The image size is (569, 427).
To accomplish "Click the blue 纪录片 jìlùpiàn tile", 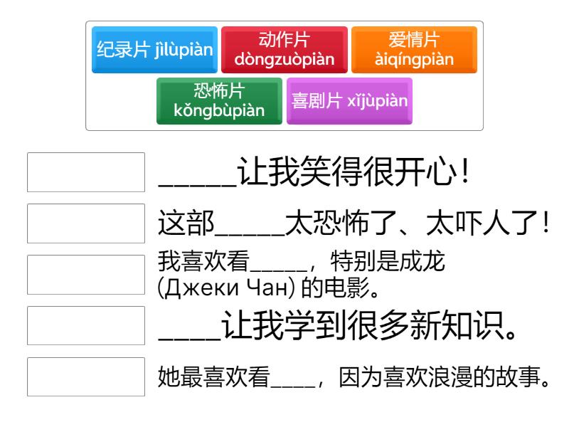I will click(154, 51).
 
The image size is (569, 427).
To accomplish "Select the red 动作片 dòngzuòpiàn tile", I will click(284, 51).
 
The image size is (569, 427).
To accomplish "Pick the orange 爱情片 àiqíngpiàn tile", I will click(414, 51).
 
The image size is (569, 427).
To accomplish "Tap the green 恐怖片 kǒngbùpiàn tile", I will click(219, 102).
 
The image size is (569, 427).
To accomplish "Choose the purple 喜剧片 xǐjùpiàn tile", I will click(349, 102).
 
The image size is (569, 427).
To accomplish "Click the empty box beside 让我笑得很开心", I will click(86, 172).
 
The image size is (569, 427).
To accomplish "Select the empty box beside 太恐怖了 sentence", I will click(86, 223).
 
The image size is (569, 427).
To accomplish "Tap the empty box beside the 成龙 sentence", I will click(86, 275).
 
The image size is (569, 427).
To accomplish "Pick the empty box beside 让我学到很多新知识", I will click(86, 326).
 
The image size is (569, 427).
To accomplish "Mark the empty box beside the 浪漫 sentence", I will click(86, 376).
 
